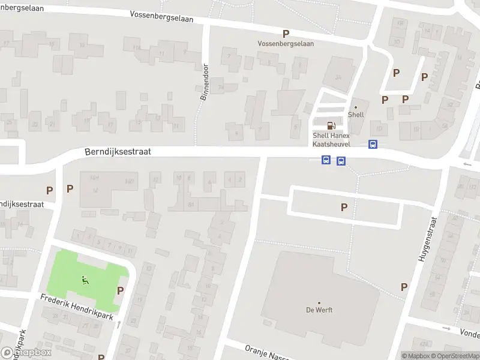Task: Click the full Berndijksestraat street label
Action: (x=118, y=152)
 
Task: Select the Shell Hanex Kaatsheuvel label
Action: (x=331, y=139)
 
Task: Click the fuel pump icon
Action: (x=331, y=125)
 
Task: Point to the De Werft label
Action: (x=319, y=310)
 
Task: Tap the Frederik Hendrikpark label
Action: (x=77, y=307)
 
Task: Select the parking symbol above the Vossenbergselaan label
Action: (x=286, y=34)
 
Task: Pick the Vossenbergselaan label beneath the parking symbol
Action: (x=286, y=44)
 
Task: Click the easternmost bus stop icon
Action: (x=373, y=144)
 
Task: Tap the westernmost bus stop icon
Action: (x=326, y=160)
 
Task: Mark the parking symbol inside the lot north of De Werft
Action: (x=344, y=208)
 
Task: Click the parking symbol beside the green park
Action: (x=121, y=290)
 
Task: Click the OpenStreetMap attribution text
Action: (x=455, y=356)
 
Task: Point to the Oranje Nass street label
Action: (x=268, y=352)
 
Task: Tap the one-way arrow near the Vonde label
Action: (x=446, y=328)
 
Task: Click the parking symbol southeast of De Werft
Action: (x=404, y=287)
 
